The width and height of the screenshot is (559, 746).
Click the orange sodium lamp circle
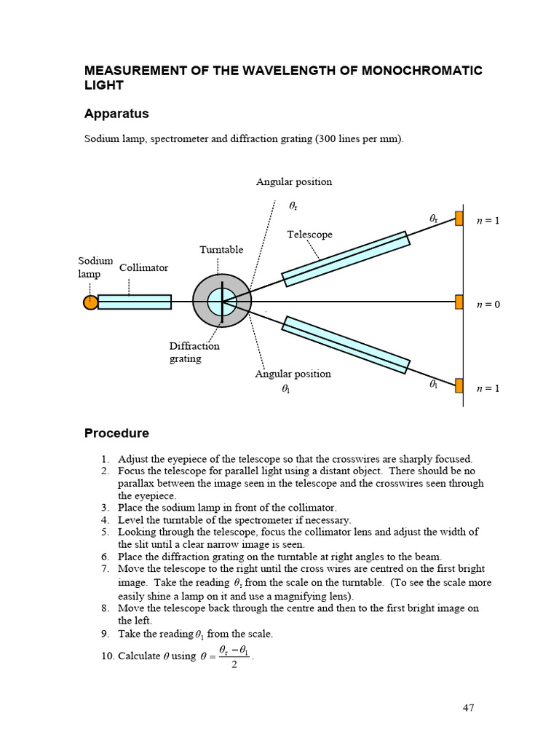(x=90, y=302)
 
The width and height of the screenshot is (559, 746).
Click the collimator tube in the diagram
(x=135, y=302)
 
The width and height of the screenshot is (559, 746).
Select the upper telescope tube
(x=345, y=259)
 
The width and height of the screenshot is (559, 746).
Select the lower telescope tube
(x=346, y=345)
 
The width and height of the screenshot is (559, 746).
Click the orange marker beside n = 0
(x=459, y=302)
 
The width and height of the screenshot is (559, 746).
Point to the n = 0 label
(x=488, y=304)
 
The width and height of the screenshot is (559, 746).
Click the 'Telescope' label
(x=309, y=235)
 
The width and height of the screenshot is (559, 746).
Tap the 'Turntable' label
(x=221, y=250)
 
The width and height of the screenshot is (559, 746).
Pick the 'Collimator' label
(x=143, y=267)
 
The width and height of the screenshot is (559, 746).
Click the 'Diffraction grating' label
(x=194, y=352)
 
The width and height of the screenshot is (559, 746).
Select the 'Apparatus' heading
(x=116, y=114)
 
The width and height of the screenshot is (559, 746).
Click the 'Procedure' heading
(x=116, y=433)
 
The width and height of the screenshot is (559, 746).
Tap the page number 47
(x=467, y=707)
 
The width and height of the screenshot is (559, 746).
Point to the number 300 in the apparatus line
(x=328, y=138)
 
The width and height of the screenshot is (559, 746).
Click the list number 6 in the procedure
(x=105, y=557)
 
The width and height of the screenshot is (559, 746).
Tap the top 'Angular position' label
(x=293, y=182)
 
